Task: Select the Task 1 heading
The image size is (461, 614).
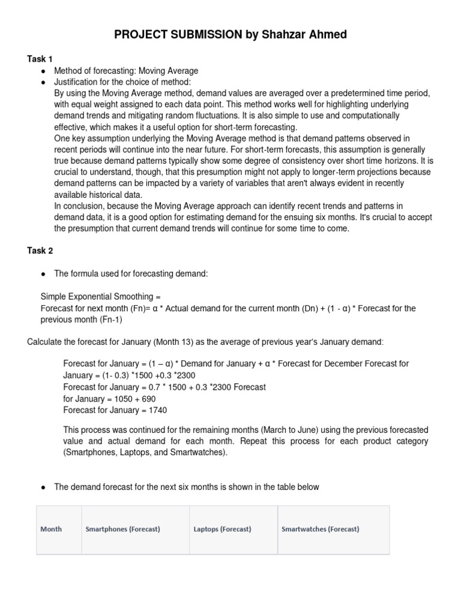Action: [40, 59]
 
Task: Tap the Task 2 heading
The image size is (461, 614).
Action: [40, 251]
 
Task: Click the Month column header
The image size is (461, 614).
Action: [51, 529]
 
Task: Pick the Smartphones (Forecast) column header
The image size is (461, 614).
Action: [123, 529]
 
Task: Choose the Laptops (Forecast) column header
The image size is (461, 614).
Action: [222, 529]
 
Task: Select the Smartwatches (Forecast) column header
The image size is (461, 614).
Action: [321, 529]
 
